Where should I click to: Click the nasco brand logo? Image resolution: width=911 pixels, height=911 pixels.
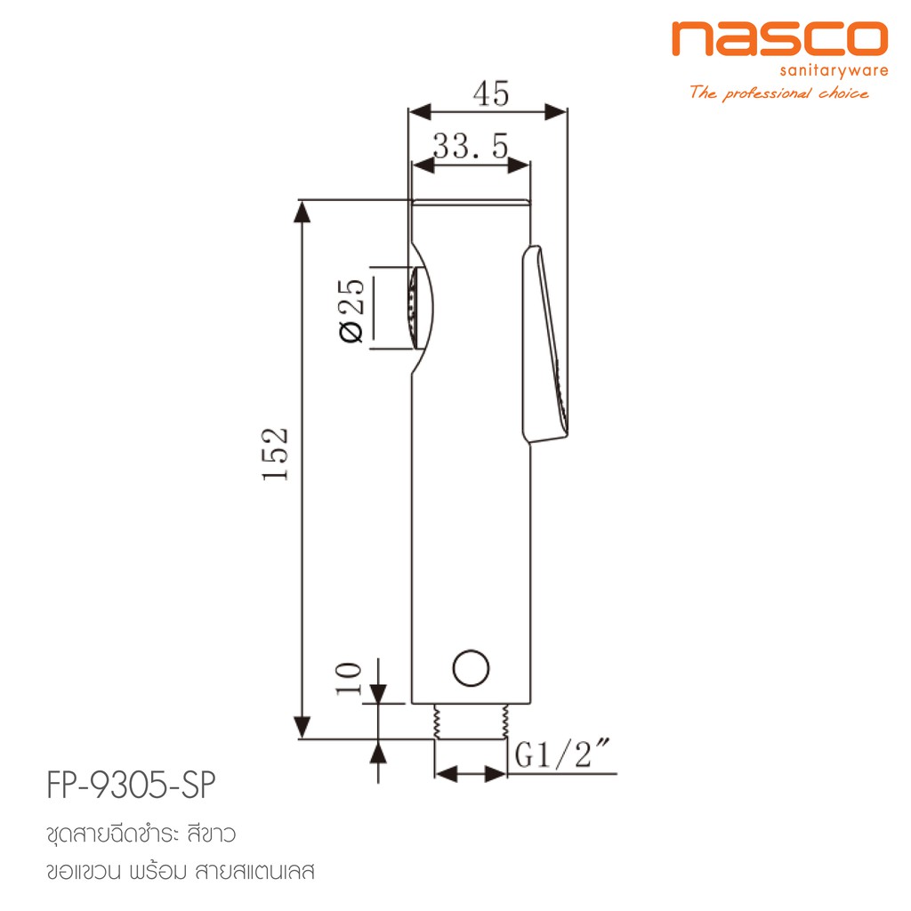coord(779,38)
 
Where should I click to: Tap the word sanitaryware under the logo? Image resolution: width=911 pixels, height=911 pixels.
coord(834,71)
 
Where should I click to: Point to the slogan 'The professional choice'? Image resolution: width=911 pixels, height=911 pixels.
coord(779,93)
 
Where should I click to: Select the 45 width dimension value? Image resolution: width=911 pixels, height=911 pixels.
coord(491,93)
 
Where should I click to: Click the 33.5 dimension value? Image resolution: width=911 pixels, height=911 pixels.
coord(471,146)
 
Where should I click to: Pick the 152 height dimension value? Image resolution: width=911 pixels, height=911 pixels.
coord(275,454)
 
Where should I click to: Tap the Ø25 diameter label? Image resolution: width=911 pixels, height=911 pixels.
coord(351,310)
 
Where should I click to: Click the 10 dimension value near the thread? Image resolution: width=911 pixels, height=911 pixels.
coord(349,679)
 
